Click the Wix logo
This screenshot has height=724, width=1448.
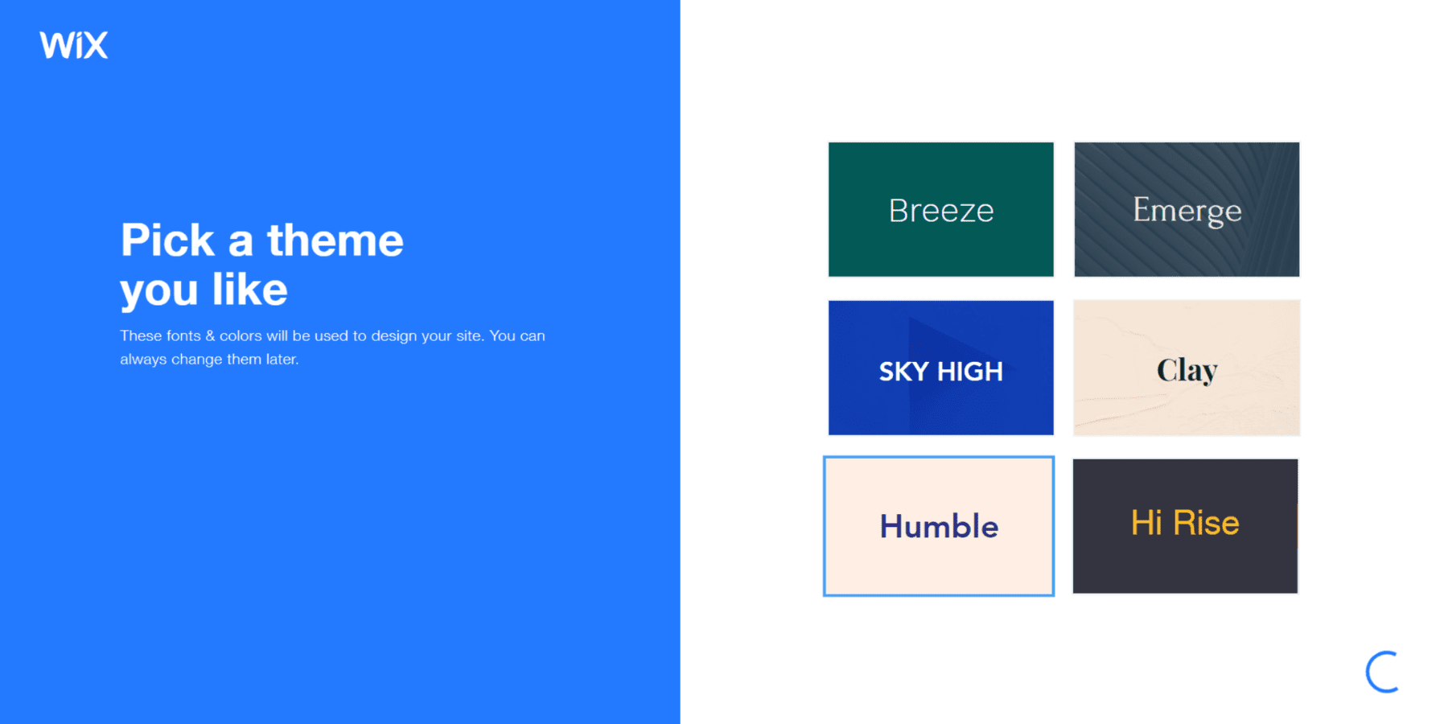pos(73,45)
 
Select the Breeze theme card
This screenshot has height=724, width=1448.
pos(940,210)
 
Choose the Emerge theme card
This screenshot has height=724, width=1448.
pos(1187,210)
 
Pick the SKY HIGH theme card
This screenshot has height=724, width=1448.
pos(940,368)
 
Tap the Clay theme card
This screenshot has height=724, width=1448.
pos(1187,368)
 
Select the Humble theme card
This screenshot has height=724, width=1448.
pos(939,526)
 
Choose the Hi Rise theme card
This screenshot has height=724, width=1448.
pos(1185,526)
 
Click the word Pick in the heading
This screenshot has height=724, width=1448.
pos(167,241)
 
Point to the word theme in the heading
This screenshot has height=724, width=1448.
pos(335,241)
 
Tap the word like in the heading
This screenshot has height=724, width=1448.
pos(249,290)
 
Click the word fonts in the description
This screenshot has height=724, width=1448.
pos(183,335)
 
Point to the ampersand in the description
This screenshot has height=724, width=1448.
pos(210,335)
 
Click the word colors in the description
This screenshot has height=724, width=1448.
pos(241,335)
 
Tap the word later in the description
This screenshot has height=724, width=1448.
pos(282,360)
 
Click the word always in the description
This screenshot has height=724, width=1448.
pos(143,360)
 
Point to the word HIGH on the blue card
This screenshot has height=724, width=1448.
pos(970,372)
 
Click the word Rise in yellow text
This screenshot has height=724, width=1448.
pos(1206,523)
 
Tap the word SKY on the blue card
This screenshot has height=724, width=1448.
pos(903,372)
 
